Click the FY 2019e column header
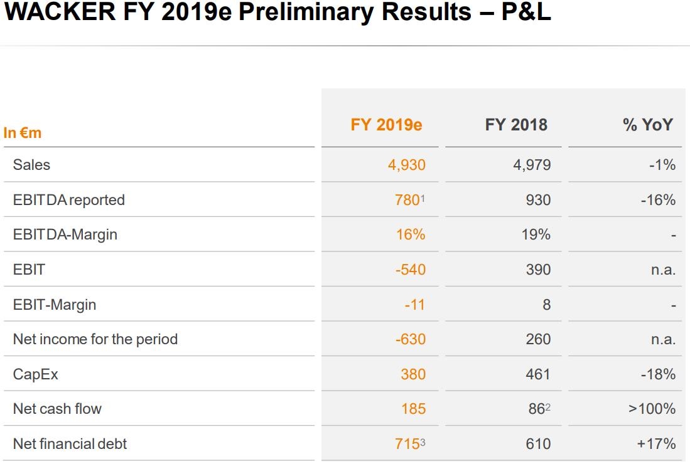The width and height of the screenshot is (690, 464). pyautogui.click(x=386, y=124)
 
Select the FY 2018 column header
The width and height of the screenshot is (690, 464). pyautogui.click(x=516, y=124)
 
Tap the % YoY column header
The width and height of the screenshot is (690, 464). pyautogui.click(x=648, y=124)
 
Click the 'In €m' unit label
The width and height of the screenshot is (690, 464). pyautogui.click(x=23, y=133)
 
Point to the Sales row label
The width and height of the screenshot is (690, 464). pyautogui.click(x=31, y=165)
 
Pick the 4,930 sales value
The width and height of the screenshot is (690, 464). pyautogui.click(x=406, y=165)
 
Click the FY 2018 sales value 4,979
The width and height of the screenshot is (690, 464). pyautogui.click(x=532, y=165)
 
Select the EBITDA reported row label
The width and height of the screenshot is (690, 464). pyautogui.click(x=68, y=200)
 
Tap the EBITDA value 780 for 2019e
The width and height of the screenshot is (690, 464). pyautogui.click(x=408, y=200)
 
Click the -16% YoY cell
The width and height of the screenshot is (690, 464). pyautogui.click(x=658, y=200)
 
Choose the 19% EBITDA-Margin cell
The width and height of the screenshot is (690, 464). pyautogui.click(x=536, y=235)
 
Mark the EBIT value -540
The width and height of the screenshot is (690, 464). pyautogui.click(x=410, y=270)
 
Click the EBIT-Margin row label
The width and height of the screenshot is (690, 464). pyautogui.click(x=55, y=305)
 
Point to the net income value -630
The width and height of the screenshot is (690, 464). pyautogui.click(x=410, y=339)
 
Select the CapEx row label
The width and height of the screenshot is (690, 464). pyautogui.click(x=35, y=374)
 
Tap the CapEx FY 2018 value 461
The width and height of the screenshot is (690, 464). pyautogui.click(x=537, y=374)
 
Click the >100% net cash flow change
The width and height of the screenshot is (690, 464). pyautogui.click(x=652, y=409)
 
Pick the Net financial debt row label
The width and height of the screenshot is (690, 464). pyautogui.click(x=70, y=444)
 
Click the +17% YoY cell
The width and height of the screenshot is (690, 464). pyautogui.click(x=656, y=444)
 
